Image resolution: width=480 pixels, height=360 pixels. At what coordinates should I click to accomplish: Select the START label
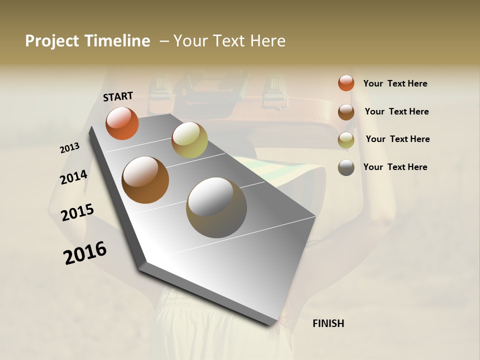(x=118, y=96)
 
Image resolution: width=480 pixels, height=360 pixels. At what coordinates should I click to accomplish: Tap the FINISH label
(x=328, y=323)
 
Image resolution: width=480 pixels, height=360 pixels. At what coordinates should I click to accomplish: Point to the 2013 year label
(x=69, y=148)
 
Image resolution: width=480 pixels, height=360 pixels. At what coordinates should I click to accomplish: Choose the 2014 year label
(x=73, y=177)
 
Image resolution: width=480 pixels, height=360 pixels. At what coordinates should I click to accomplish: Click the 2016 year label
(x=85, y=252)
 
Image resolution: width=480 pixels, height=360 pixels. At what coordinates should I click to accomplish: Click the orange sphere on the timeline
(x=122, y=123)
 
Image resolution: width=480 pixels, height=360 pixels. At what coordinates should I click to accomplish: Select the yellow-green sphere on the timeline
(x=189, y=139)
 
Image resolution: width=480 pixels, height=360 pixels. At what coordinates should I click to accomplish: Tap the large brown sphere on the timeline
(x=145, y=180)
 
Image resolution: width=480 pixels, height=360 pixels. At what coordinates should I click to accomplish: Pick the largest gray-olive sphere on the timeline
(x=216, y=207)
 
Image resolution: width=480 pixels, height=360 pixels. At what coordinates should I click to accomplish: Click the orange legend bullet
(x=346, y=83)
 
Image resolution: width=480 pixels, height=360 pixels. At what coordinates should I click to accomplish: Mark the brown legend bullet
(x=346, y=111)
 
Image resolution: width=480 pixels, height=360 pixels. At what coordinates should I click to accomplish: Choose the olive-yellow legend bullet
(x=346, y=139)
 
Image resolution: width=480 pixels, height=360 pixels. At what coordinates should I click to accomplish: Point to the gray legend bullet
(x=346, y=167)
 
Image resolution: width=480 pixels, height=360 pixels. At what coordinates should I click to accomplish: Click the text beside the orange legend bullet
(x=395, y=83)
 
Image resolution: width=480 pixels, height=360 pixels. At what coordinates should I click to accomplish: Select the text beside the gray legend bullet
(x=395, y=167)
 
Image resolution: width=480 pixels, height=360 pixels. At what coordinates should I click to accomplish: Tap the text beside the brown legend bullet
(x=396, y=111)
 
